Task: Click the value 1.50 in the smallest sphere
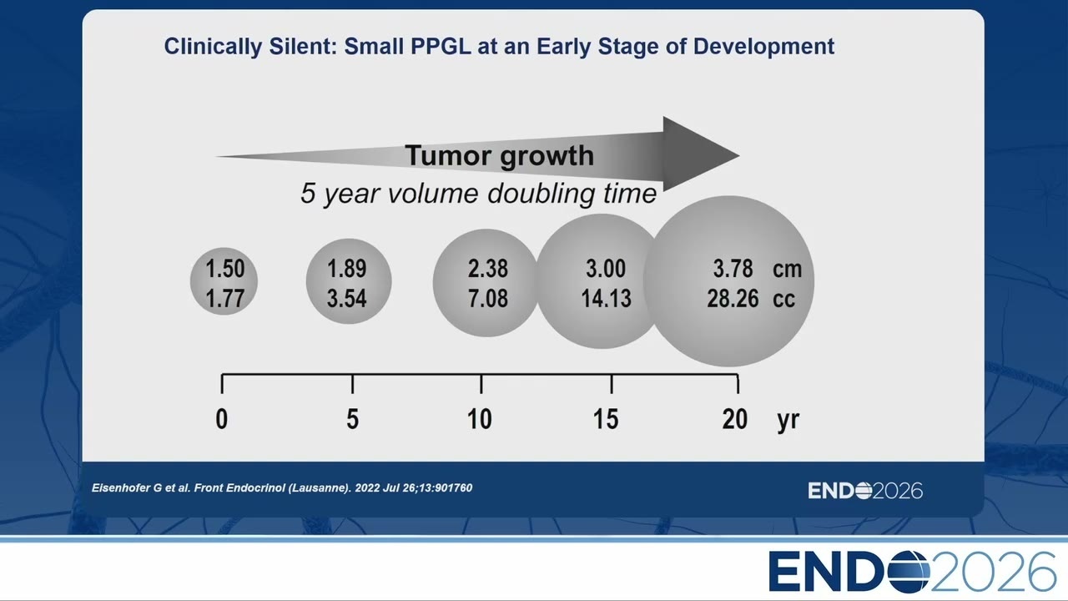pos(225,269)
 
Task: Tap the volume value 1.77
pos(225,299)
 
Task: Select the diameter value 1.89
pos(346,269)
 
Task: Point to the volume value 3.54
pos(346,299)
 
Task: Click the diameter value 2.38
pos(488,269)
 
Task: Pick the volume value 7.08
pos(488,299)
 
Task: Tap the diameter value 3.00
pos(606,269)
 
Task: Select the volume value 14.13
pos(606,299)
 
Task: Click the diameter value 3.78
pos(733,269)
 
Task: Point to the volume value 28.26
pos(733,299)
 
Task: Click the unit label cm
pos(787,270)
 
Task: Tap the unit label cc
pos(783,300)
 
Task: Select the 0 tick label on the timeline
pos(222,419)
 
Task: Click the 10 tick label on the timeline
pos(479,419)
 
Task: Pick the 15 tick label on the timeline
pos(606,419)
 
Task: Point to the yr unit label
pos(788,421)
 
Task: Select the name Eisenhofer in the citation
pos(121,488)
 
